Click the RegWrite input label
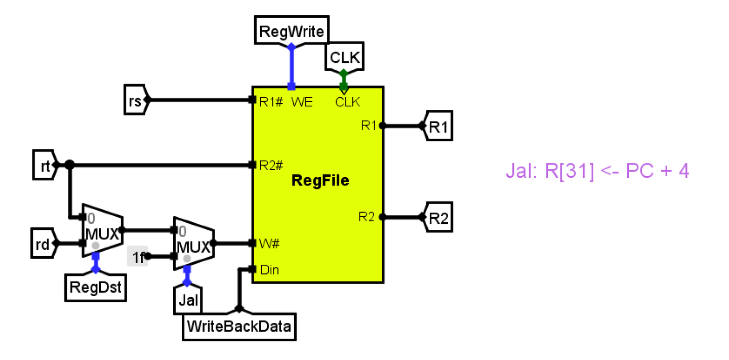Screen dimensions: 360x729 [x=291, y=32]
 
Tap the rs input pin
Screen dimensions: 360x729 [x=135, y=100]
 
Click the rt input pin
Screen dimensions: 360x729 [x=44, y=165]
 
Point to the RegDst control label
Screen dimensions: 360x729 [x=96, y=288]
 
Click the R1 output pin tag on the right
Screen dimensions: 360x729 [x=438, y=127]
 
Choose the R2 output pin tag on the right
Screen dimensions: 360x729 [x=438, y=218]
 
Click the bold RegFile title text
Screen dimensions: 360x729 [x=320, y=181]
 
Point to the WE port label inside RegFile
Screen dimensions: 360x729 [x=302, y=102]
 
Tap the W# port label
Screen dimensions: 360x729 [x=267, y=244]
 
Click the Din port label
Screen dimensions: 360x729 [x=269, y=270]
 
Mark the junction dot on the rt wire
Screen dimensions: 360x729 [x=70, y=165]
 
